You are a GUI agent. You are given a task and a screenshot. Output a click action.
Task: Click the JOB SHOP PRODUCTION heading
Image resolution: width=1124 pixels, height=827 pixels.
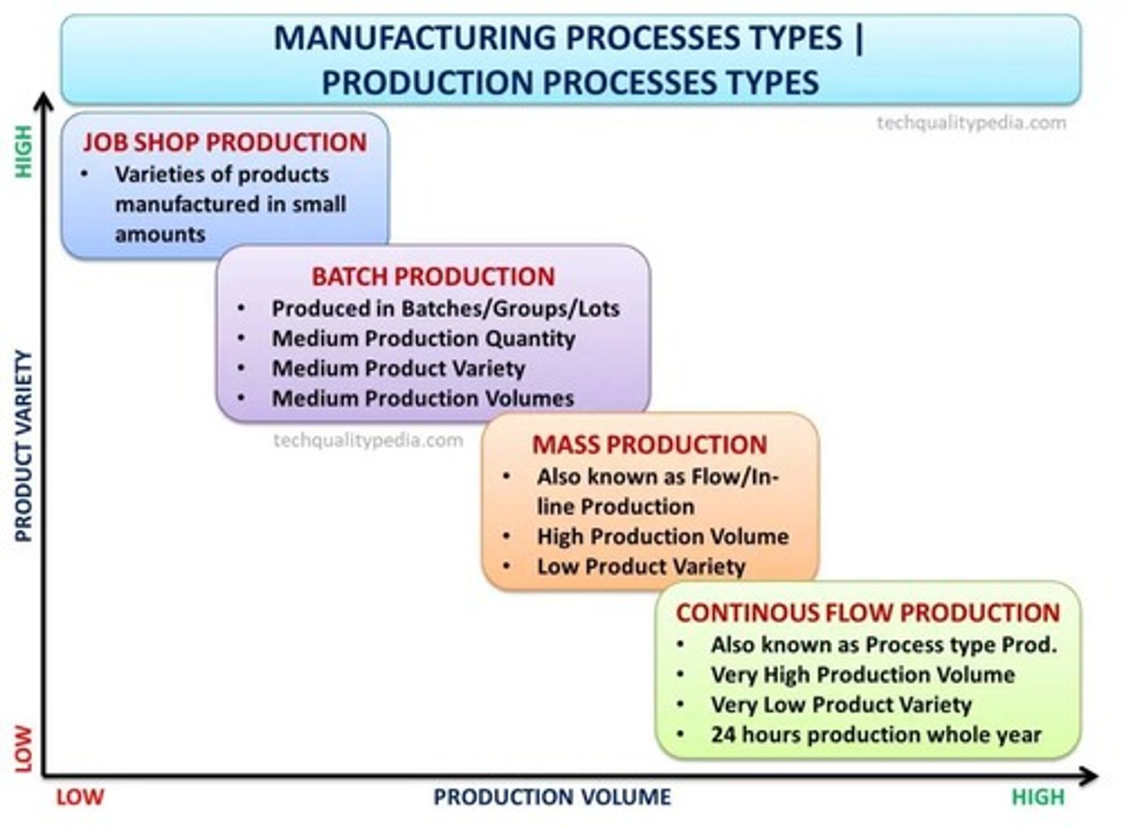point(225,142)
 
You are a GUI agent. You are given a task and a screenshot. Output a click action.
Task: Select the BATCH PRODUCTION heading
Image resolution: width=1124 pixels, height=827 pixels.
point(433,276)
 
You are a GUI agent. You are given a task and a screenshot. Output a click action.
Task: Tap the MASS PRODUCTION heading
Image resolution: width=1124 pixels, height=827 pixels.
point(649,444)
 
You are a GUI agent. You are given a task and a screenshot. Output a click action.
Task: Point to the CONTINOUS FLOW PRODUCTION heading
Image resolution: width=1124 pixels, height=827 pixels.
point(868,613)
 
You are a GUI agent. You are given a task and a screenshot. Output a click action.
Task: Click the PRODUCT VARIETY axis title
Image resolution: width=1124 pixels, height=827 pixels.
point(24,446)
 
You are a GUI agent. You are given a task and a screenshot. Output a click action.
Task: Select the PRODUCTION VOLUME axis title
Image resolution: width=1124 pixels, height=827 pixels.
point(552,797)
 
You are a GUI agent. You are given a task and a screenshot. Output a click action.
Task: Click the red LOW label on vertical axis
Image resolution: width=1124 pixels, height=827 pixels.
point(24,748)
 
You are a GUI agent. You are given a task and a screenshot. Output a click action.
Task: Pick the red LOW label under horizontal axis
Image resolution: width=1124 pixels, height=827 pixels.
point(80,797)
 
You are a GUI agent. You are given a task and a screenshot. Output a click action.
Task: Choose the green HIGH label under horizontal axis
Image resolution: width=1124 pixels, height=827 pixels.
point(1038,797)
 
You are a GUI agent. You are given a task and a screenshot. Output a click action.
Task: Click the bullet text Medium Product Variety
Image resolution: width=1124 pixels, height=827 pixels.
point(398,369)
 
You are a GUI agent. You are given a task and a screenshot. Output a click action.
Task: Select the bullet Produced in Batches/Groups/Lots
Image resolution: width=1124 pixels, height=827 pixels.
point(445,309)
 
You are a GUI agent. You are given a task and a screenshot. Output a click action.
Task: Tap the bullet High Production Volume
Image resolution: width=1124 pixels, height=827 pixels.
point(663,536)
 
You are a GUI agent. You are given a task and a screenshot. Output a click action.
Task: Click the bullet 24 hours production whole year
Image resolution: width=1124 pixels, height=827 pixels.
point(876,735)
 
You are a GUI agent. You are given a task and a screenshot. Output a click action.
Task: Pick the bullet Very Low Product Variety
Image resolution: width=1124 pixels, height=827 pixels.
point(841,705)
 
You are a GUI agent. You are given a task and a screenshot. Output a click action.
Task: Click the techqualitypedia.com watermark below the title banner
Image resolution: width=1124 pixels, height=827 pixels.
point(971,123)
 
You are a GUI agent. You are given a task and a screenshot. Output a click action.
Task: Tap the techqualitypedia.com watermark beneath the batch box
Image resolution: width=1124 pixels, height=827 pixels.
point(368,440)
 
